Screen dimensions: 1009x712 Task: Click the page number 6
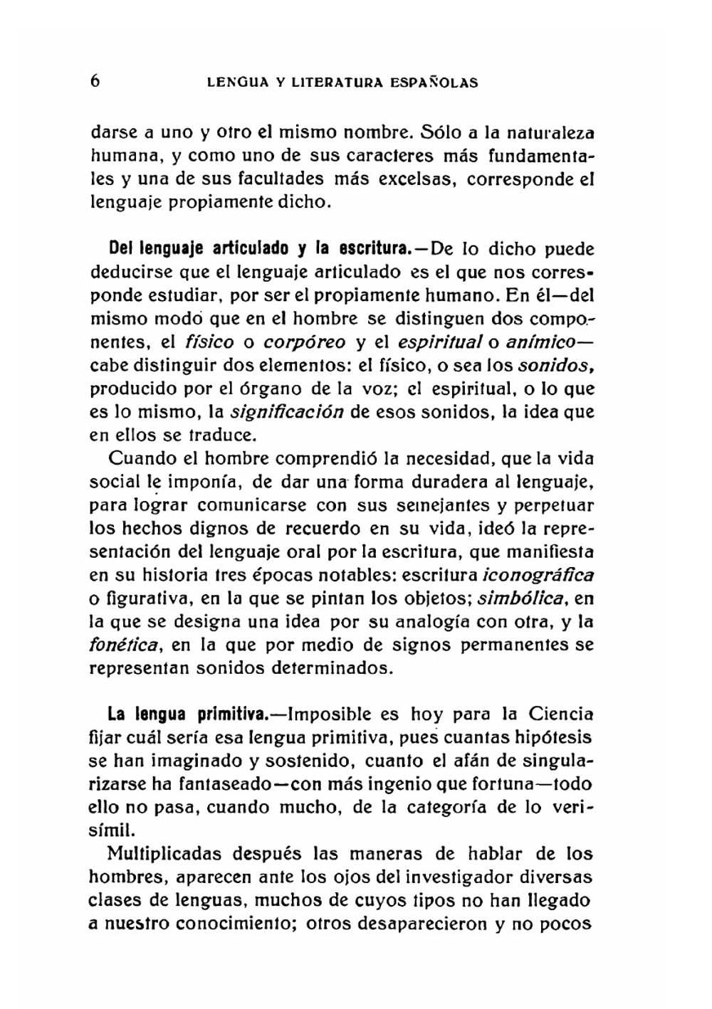point(95,80)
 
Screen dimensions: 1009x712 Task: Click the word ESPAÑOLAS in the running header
point(434,83)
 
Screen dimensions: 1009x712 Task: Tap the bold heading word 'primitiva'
point(231,714)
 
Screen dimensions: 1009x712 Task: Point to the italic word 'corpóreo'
point(304,342)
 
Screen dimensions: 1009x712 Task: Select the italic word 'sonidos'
point(555,366)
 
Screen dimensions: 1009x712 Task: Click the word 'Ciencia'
point(560,714)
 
